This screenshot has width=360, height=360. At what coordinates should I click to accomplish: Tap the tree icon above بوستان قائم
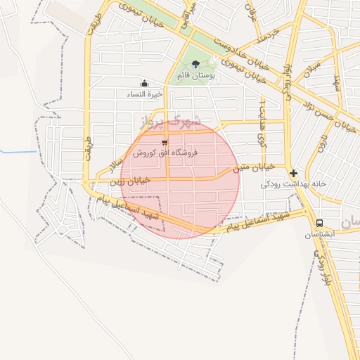pyautogui.click(x=195, y=64)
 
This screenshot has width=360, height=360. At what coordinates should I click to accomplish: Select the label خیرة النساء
pyautogui.click(x=145, y=93)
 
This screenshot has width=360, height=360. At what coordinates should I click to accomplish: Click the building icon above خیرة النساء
pyautogui.click(x=145, y=83)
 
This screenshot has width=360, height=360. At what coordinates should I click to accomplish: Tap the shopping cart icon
pyautogui.click(x=165, y=143)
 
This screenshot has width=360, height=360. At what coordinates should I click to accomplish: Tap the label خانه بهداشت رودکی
pyautogui.click(x=294, y=184)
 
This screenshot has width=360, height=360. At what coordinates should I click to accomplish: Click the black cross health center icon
pyautogui.click(x=293, y=173)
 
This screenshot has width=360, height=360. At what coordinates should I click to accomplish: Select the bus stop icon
pyautogui.click(x=320, y=223)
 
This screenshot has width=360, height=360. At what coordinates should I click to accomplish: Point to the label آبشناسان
pyautogui.click(x=319, y=233)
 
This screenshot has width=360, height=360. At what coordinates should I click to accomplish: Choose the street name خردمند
pyautogui.click(x=268, y=33)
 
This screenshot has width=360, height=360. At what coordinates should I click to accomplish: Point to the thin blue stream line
pyautogui.click(x=18, y=152)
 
